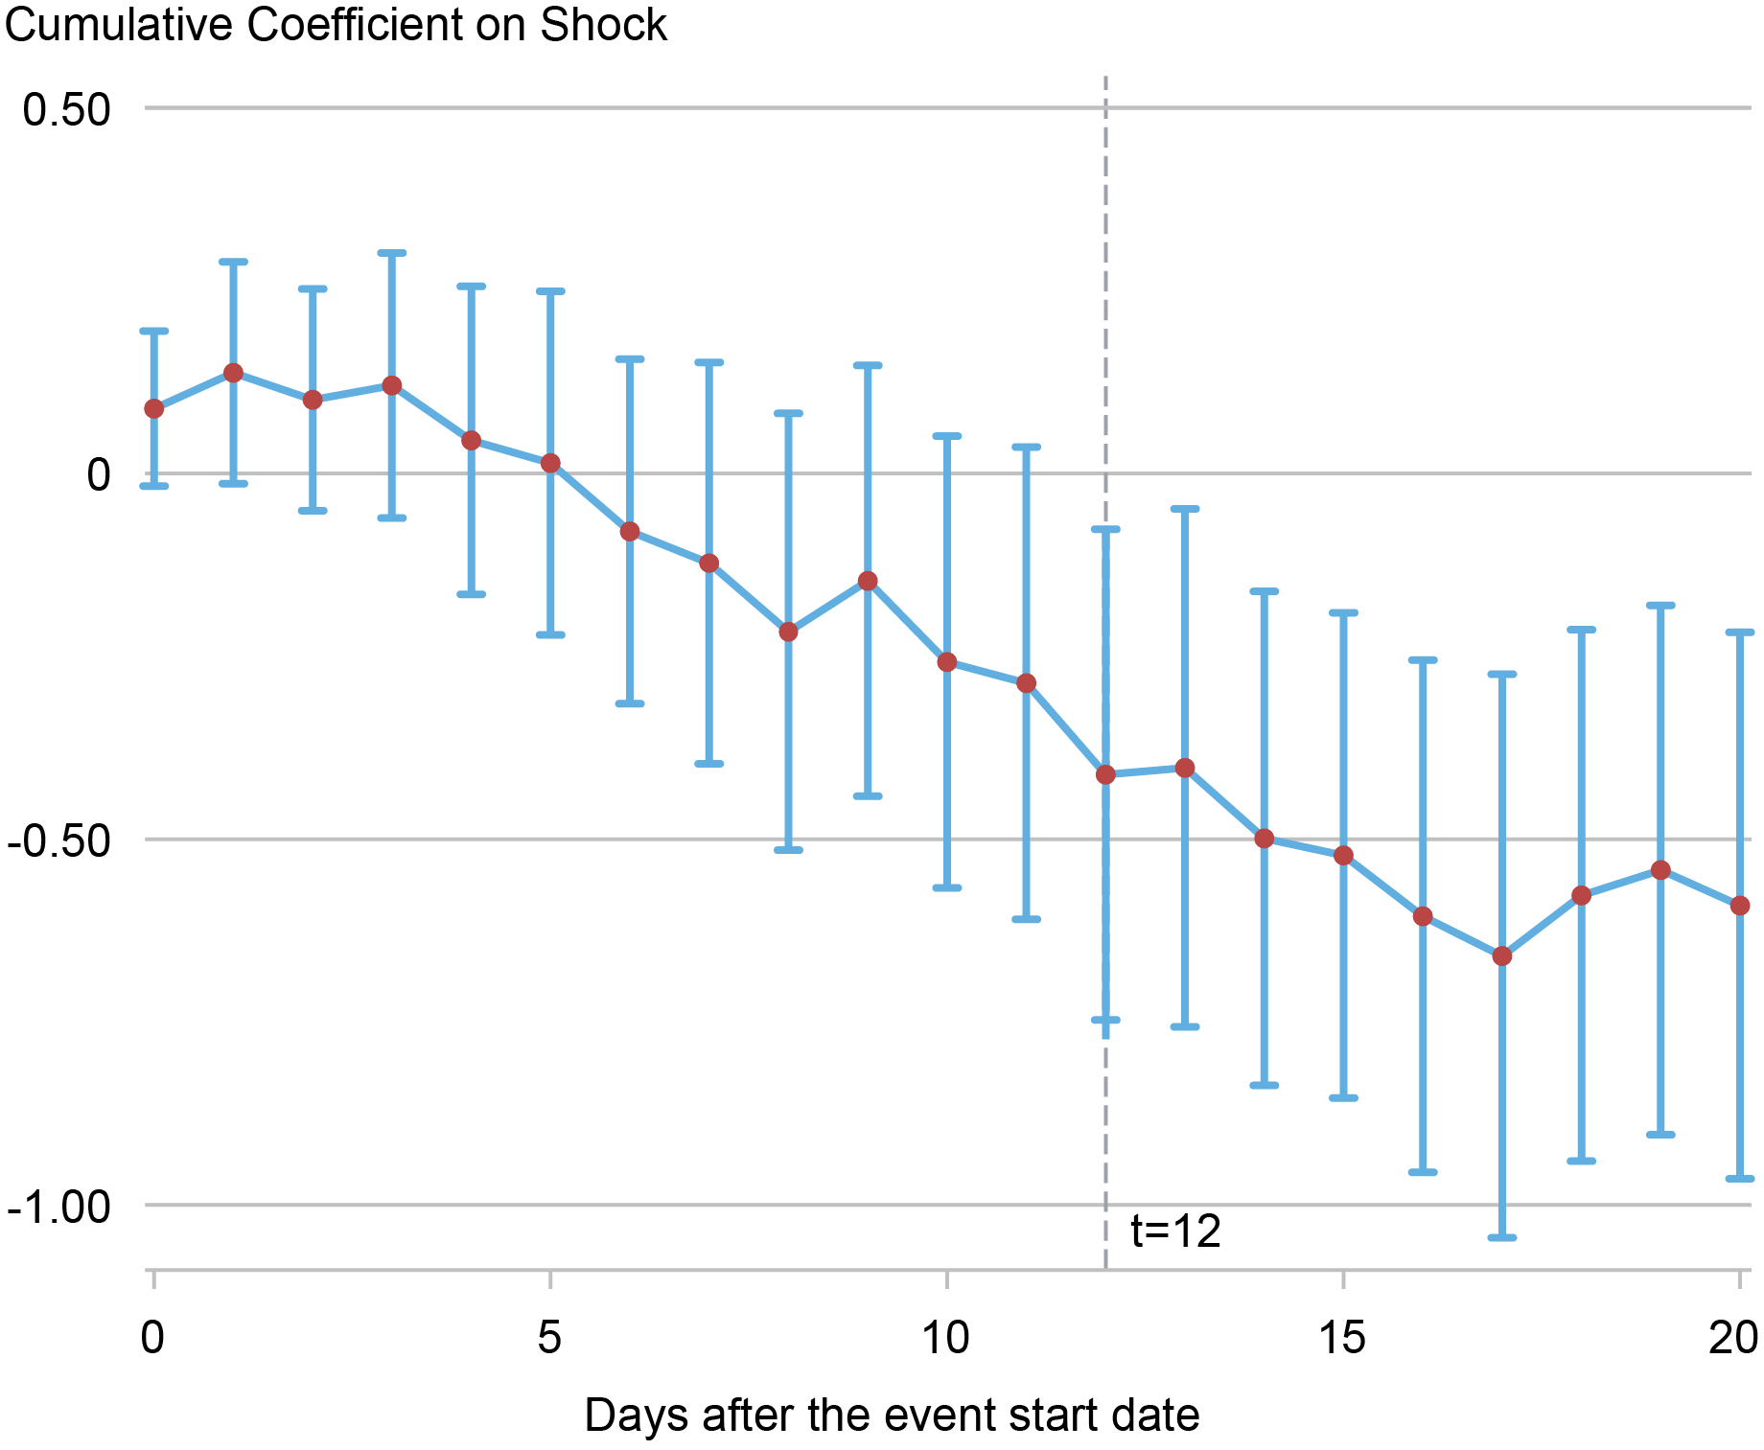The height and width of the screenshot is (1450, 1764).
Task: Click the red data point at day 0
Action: [x=154, y=409]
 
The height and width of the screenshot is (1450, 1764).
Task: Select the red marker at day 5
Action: [x=550, y=463]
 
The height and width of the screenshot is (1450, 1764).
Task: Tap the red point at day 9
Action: [x=868, y=581]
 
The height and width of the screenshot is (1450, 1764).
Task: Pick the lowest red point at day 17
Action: [x=1502, y=956]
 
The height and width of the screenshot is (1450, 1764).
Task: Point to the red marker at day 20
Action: [x=1740, y=906]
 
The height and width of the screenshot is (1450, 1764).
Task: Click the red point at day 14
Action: [x=1265, y=839]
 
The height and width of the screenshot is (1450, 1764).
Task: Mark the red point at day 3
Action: [x=392, y=385]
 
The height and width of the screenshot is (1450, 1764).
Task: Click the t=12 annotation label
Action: [x=1175, y=1231]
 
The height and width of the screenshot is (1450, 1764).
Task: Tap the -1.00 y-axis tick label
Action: [x=59, y=1207]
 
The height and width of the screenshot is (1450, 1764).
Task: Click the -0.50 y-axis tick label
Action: [x=59, y=841]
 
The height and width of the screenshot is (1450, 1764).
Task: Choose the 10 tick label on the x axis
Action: [x=946, y=1338]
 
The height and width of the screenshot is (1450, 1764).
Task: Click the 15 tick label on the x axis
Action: [x=1342, y=1338]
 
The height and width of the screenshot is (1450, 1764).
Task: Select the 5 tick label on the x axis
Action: [x=549, y=1338]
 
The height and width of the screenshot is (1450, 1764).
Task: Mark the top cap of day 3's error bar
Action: [x=392, y=253]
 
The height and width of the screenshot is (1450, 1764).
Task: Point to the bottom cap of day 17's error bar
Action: [x=1502, y=1237]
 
